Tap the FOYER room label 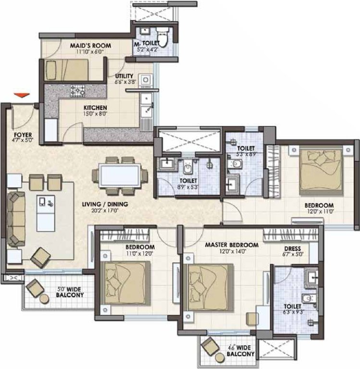click(22, 135)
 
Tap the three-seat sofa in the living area click(16, 219)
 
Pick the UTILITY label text click(124, 76)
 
